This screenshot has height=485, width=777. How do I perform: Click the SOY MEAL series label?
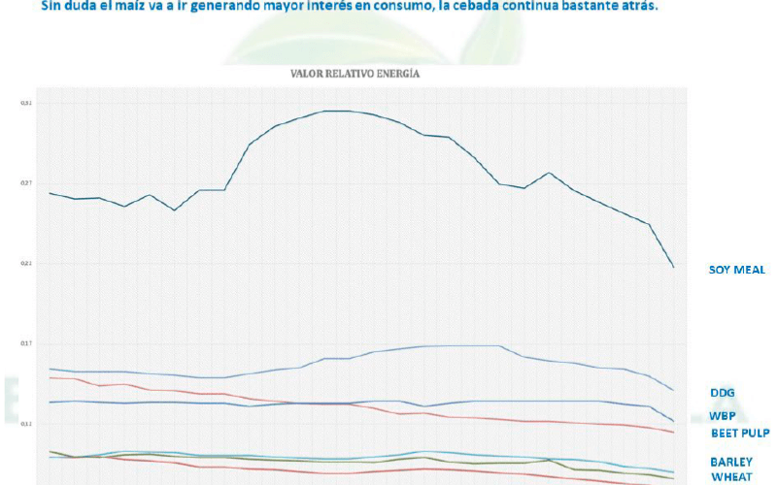737,270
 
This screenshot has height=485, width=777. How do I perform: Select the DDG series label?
722,393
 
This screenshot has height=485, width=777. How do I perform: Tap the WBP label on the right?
722,416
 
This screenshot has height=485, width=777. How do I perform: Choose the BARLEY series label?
730,462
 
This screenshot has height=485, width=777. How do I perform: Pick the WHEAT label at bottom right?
729,476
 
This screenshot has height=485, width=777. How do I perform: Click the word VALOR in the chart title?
308,74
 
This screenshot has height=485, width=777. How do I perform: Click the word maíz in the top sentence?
130,6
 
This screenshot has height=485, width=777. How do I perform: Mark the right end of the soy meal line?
674,267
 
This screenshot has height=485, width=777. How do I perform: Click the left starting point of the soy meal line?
49,193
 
